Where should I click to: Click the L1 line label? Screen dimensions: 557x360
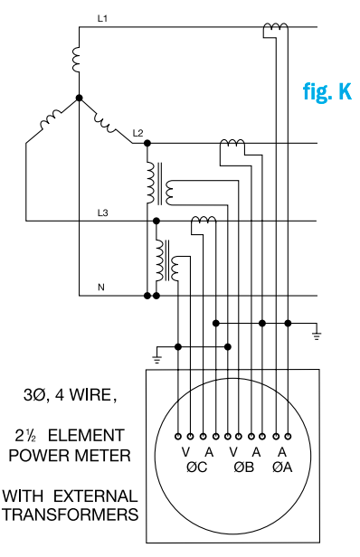pyautogui.click(x=102, y=18)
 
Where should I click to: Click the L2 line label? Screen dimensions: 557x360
pyautogui.click(x=137, y=133)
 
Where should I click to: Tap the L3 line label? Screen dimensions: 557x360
pyautogui.click(x=103, y=212)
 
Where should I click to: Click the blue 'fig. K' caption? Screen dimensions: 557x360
pyautogui.click(x=326, y=92)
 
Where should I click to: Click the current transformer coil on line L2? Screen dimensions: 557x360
pyautogui.click(x=232, y=145)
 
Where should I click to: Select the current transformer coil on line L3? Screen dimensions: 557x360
pyautogui.click(x=203, y=222)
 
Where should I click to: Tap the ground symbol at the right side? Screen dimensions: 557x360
pyautogui.click(x=317, y=335)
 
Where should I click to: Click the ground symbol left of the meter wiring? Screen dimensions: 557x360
pyautogui.click(x=157, y=358)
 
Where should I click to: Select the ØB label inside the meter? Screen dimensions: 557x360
pyautogui.click(x=242, y=467)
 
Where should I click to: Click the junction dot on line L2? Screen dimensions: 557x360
pyautogui.click(x=147, y=143)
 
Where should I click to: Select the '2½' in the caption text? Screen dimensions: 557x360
pyautogui.click(x=35, y=432)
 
